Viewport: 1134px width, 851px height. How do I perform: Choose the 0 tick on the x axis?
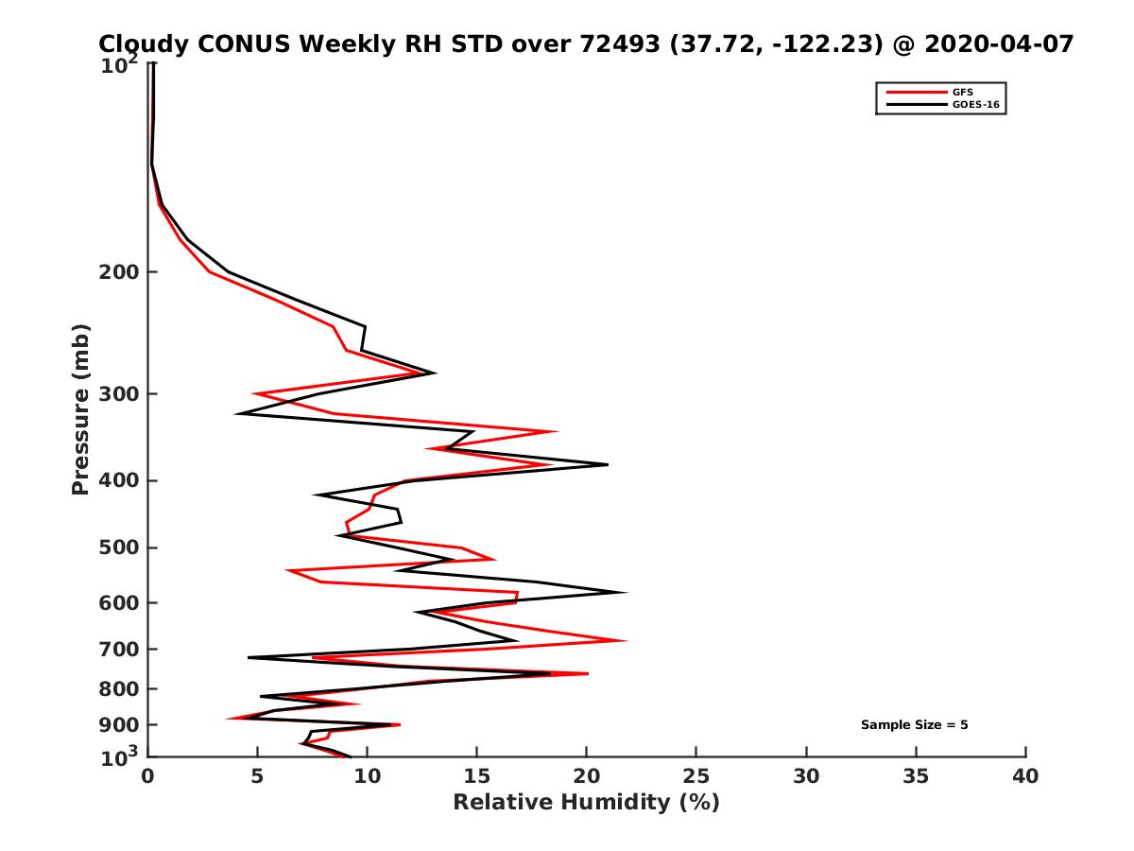coord(148,776)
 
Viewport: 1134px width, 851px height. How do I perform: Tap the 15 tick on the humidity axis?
coord(477,776)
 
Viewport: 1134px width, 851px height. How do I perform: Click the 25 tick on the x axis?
coord(696,776)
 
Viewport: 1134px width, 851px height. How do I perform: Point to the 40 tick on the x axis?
coord(1025,776)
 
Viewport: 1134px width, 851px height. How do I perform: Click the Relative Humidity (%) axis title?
coord(586,803)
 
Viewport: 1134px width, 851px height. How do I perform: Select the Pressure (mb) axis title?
coord(80,408)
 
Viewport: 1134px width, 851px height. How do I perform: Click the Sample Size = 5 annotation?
coord(914,725)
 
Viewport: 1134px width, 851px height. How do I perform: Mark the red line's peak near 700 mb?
coord(626,641)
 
